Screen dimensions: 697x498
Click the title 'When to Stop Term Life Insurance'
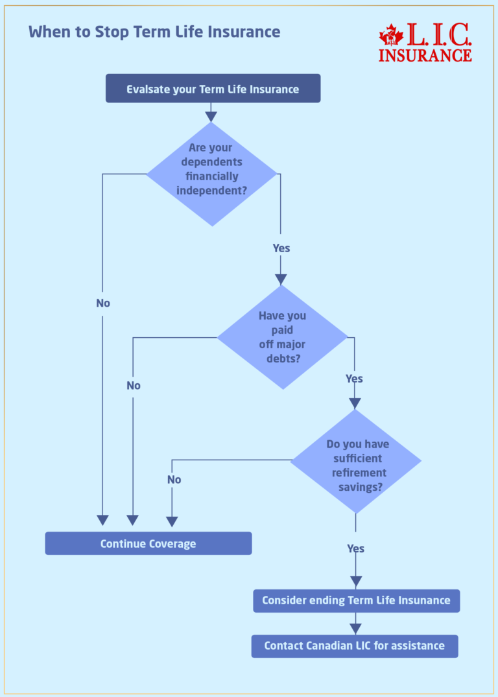[x=154, y=32]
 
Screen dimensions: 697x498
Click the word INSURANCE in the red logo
[x=425, y=55]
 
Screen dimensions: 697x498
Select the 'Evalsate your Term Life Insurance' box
[x=213, y=89]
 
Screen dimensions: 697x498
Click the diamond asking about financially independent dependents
[x=211, y=174]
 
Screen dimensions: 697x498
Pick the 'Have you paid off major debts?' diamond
[x=282, y=337]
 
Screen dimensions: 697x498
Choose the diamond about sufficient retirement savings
[x=355, y=462]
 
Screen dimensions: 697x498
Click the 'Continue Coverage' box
[x=148, y=543]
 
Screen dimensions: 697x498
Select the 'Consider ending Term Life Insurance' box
[x=356, y=600]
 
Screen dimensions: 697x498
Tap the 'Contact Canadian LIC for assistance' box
[x=355, y=646]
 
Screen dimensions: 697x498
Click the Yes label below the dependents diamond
[x=281, y=248]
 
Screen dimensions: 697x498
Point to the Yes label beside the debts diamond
[x=354, y=379]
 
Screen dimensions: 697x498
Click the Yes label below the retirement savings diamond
[x=355, y=549]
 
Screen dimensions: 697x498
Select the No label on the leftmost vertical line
[x=102, y=303]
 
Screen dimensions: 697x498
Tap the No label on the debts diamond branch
[x=133, y=386]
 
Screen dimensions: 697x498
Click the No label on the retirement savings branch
[x=174, y=480]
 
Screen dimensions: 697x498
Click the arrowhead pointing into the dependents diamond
[x=211, y=117]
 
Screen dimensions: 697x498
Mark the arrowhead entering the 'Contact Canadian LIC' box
[x=355, y=628]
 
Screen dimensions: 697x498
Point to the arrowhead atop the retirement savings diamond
[x=355, y=403]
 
